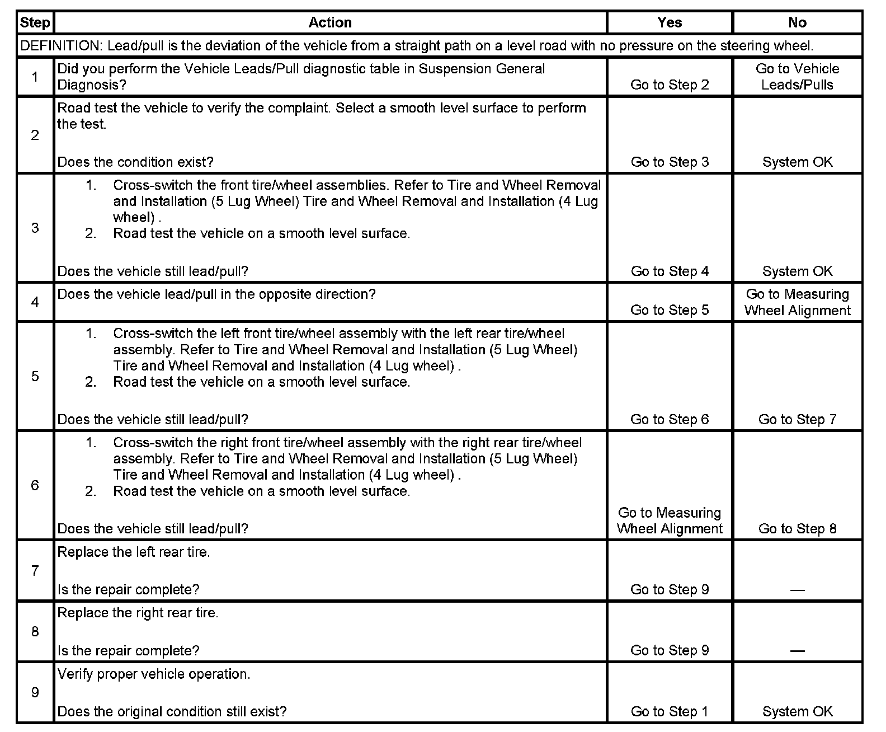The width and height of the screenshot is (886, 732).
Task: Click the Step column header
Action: pos(35,23)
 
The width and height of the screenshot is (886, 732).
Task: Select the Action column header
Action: pos(330,23)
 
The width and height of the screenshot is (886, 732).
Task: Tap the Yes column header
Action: pos(670,23)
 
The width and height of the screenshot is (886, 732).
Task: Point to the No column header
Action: pos(797,23)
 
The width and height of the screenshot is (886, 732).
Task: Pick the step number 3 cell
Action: pos(35,228)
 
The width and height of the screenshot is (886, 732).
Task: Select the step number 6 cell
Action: pos(35,485)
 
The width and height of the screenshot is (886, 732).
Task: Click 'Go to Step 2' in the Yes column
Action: pos(670,85)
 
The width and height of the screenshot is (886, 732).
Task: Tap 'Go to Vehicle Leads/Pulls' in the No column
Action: pos(797,77)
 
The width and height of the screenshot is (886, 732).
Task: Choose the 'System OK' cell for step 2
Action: pos(797,162)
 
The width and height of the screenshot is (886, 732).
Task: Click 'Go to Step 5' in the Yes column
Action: pos(670,311)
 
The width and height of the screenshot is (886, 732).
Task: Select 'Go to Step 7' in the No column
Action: pos(797,420)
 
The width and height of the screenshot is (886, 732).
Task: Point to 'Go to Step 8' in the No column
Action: pos(797,529)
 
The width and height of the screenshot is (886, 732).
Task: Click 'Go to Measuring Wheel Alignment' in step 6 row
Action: pos(670,521)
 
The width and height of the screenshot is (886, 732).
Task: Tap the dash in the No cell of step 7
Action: pos(797,590)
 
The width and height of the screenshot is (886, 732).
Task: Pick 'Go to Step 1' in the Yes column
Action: pos(670,712)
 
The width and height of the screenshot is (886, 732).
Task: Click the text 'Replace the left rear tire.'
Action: pos(134,552)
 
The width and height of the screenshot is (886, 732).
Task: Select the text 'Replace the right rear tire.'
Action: pos(138,613)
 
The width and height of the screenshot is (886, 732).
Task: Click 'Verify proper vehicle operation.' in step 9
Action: pos(154,674)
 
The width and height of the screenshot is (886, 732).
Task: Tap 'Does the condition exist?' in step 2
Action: pos(135,162)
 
